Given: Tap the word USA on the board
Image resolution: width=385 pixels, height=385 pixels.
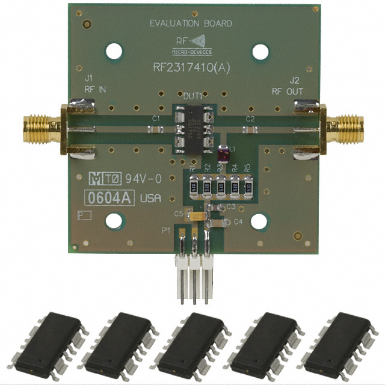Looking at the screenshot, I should pyautogui.click(x=150, y=199).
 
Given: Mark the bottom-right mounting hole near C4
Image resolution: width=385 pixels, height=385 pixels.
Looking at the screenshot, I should pyautogui.click(x=259, y=222).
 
